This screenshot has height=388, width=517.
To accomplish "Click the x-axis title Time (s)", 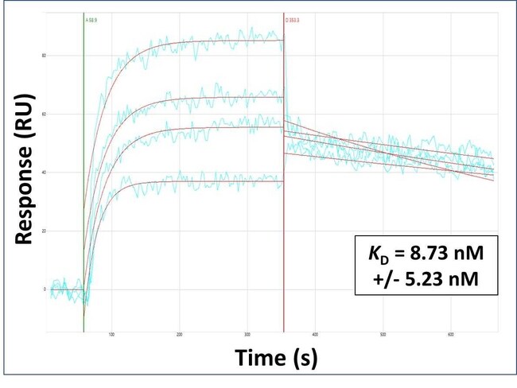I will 276,359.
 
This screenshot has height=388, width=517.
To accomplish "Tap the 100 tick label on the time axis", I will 112,335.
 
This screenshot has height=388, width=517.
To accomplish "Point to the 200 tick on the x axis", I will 180,335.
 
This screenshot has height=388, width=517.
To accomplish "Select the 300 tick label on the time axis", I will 247,335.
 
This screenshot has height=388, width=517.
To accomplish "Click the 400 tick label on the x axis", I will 316,335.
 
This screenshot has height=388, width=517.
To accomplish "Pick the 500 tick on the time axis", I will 383,335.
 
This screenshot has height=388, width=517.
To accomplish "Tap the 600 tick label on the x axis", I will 451,335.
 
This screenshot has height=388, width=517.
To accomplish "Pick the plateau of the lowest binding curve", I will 223,181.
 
